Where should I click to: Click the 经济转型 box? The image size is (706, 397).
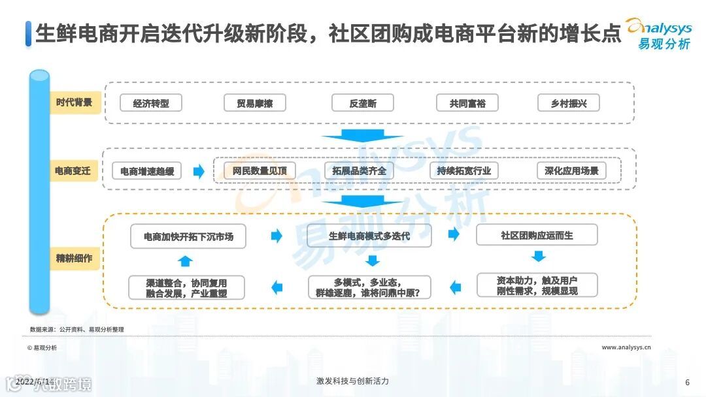pyautogui.click(x=151, y=103)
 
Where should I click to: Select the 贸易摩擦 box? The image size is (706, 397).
pyautogui.click(x=255, y=103)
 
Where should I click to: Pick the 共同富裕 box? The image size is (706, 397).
pyautogui.click(x=467, y=103)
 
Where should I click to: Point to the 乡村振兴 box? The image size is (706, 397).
pyautogui.click(x=569, y=103)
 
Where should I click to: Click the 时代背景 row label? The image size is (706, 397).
pyautogui.click(x=74, y=103)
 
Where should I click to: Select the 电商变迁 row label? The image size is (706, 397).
pyautogui.click(x=74, y=171)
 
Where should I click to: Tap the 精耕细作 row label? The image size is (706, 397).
pyautogui.click(x=74, y=258)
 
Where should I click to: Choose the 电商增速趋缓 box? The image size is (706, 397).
pyautogui.click(x=147, y=171)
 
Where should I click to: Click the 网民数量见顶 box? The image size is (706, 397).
pyautogui.click(x=255, y=171)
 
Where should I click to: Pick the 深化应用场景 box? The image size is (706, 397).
pyautogui.click(x=571, y=171)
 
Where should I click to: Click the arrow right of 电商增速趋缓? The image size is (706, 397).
pyautogui.click(x=199, y=171)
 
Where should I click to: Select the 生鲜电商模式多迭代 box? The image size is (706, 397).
pyautogui.click(x=369, y=236)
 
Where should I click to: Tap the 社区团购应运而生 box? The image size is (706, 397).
pyautogui.click(x=537, y=235)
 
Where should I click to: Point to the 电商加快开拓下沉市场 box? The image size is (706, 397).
pyautogui.click(x=188, y=236)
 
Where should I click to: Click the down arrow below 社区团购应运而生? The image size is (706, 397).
pyautogui.click(x=538, y=257)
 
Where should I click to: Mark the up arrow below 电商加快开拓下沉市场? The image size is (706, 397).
pyautogui.click(x=186, y=261)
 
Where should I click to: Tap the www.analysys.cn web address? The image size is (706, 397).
pyautogui.click(x=626, y=348)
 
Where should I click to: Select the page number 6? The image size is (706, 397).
pyautogui.click(x=687, y=383)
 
